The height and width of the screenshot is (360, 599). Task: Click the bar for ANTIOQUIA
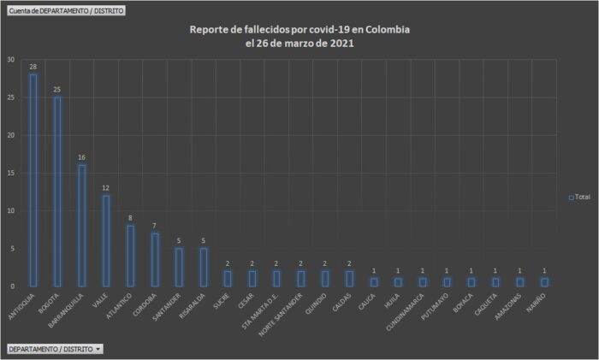tap(33, 180)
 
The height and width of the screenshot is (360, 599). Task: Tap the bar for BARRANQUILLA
tap(82, 225)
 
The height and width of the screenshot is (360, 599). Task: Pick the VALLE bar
tap(106, 240)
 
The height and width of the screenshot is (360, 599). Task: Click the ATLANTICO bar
tap(131, 256)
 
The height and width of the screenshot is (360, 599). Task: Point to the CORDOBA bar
tap(155, 259)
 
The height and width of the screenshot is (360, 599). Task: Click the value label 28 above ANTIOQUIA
tap(33, 67)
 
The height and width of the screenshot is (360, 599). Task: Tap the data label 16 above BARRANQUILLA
tap(82, 157)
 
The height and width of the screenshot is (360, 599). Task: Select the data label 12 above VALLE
tap(106, 187)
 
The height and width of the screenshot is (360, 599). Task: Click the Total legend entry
tap(579, 198)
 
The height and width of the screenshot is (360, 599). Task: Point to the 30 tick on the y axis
tap(9, 60)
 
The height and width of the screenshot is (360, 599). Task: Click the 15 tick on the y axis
tap(9, 173)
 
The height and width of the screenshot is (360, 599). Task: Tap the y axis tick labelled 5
tap(12, 248)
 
